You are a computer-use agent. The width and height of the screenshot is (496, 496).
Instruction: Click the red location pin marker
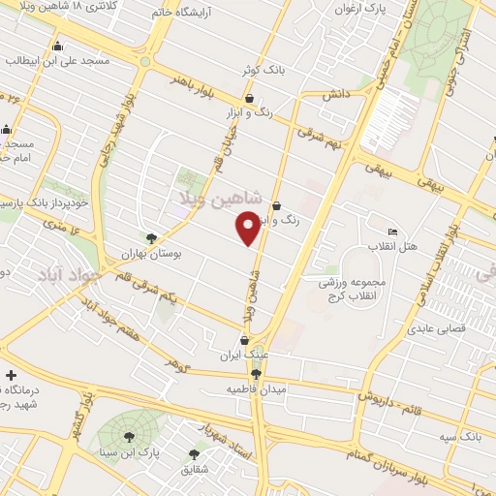tap(249, 226)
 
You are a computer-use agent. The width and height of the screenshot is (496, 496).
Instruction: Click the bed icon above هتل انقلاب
tap(391, 232)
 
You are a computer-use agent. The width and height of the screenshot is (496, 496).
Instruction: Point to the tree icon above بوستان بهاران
tap(151, 238)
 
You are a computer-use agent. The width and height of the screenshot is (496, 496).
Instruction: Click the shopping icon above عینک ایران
tap(244, 340)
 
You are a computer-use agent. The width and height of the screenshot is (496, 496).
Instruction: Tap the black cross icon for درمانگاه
tap(10, 375)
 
